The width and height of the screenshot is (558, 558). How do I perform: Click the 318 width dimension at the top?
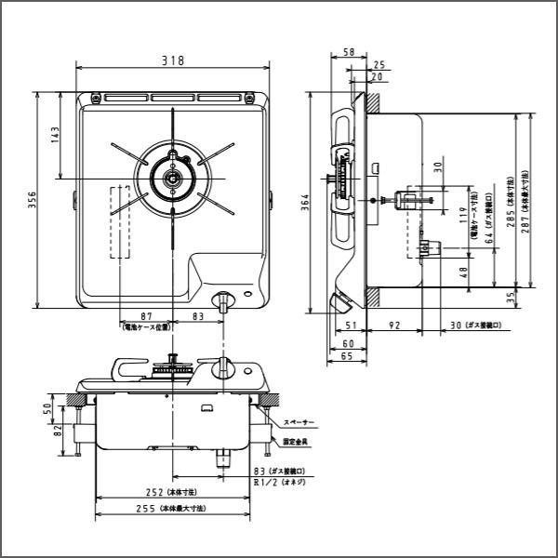(x=172, y=60)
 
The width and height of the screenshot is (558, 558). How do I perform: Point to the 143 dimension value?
(x=55, y=136)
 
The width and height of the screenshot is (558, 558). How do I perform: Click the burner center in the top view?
(x=172, y=179)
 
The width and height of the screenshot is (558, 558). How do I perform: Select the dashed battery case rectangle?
(x=121, y=222)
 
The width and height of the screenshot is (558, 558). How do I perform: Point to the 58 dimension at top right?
(x=348, y=53)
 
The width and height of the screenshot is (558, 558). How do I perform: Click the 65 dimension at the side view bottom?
(x=346, y=356)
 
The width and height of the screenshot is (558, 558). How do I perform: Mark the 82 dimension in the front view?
(x=57, y=432)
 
